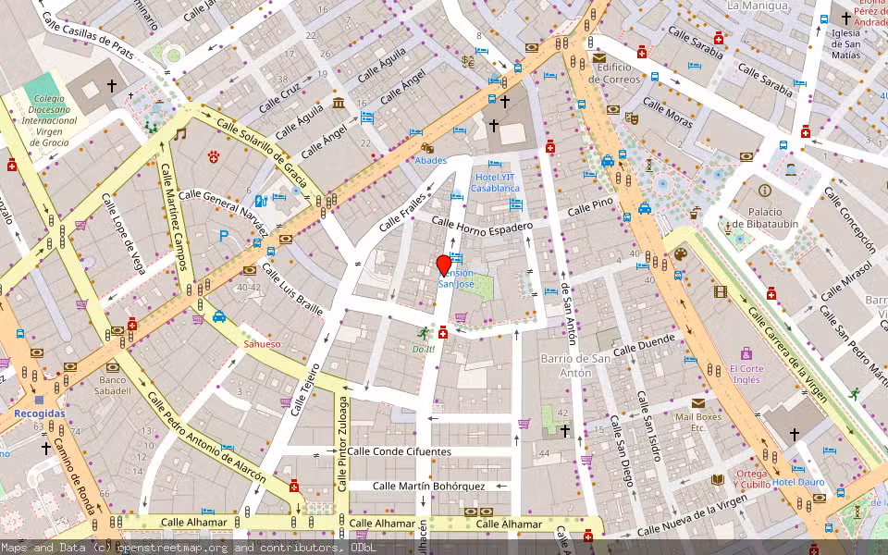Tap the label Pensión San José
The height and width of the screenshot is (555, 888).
(455, 278)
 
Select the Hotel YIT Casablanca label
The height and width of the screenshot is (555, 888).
(495, 182)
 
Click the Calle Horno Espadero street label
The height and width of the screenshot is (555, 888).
(483, 224)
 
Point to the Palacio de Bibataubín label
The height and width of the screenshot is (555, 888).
(764, 217)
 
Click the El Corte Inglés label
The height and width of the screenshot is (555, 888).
(746, 373)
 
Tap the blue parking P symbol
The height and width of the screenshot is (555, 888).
(223, 236)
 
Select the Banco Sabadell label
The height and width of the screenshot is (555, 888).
(112, 385)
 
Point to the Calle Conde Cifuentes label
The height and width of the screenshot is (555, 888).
(399, 452)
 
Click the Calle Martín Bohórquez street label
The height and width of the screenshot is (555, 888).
(428, 486)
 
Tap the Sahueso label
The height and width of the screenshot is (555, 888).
(262, 344)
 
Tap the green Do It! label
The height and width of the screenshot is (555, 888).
(423, 349)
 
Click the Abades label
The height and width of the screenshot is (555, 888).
(430, 160)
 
